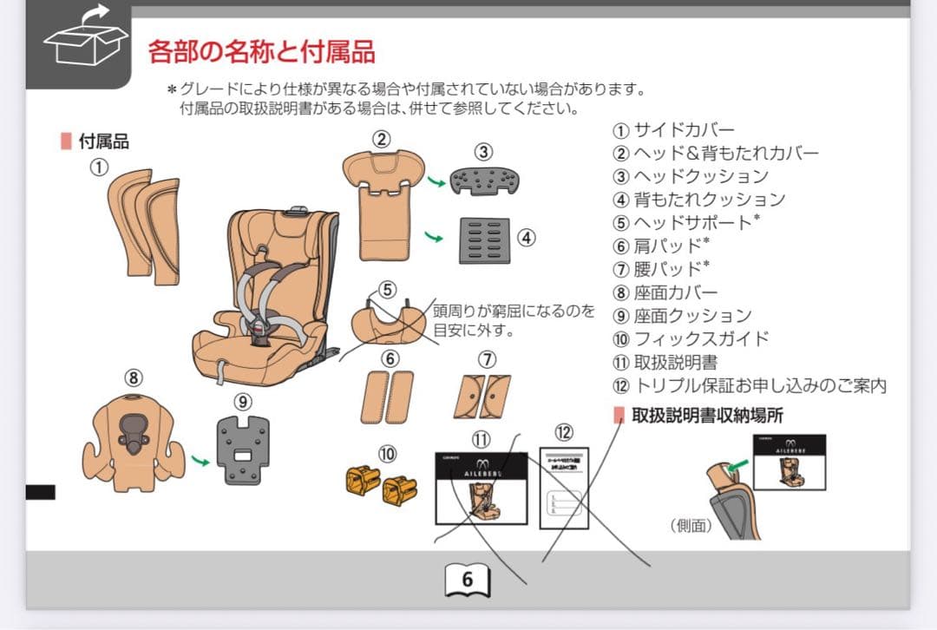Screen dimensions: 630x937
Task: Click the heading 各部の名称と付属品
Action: (261, 52)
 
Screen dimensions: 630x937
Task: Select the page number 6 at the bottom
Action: (467, 580)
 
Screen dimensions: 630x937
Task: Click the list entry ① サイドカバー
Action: (673, 131)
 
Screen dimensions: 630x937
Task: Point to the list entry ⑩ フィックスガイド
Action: (691, 339)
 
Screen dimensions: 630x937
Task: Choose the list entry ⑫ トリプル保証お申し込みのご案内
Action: (750, 386)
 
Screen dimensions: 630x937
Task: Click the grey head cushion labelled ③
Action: (484, 181)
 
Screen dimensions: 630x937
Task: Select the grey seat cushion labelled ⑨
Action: (243, 450)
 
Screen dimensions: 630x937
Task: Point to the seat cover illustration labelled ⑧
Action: (133, 439)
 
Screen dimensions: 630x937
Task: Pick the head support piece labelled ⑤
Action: (387, 321)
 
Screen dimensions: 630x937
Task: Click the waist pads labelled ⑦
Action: (482, 397)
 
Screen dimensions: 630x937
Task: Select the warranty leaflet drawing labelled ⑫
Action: (564, 488)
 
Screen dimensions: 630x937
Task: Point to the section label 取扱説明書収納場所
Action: (706, 416)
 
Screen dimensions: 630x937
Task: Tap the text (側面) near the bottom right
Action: (691, 525)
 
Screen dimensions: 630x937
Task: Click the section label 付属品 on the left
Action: (103, 141)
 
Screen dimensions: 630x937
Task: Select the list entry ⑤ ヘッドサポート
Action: (685, 223)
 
